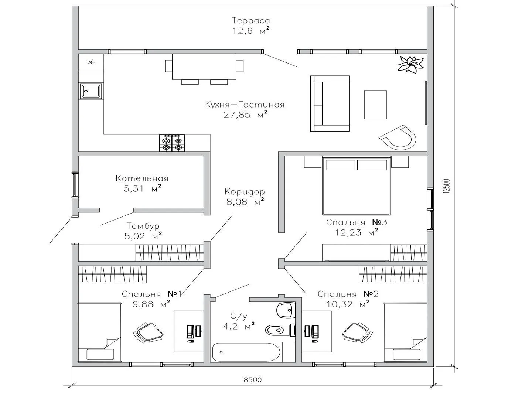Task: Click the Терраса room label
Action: tap(251, 20)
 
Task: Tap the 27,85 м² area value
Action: tap(245, 115)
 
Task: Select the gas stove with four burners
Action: tap(172, 143)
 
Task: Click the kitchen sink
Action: tap(91, 91)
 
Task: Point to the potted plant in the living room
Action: tap(410, 64)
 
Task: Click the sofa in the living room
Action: tap(330, 103)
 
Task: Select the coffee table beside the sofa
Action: tap(375, 105)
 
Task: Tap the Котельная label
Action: tap(142, 178)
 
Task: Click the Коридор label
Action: tap(245, 192)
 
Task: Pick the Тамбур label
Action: tap(143, 226)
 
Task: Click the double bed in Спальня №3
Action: tap(356, 186)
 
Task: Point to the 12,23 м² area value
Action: tap(357, 233)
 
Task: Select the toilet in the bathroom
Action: tap(280, 330)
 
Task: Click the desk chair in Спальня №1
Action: tap(148, 332)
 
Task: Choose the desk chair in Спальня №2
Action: tap(358, 332)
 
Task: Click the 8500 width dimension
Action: tap(253, 380)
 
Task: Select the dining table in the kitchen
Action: tap(204, 66)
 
